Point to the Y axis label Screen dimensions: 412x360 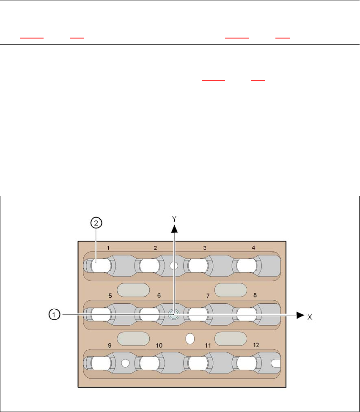click(x=173, y=218)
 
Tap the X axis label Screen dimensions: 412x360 click(x=310, y=316)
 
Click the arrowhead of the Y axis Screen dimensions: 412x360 click(x=173, y=229)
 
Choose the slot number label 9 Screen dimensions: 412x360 click(x=110, y=345)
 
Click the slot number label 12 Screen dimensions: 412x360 click(x=256, y=345)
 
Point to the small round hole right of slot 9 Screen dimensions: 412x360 click(x=125, y=363)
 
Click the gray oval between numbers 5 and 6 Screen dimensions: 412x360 click(x=133, y=290)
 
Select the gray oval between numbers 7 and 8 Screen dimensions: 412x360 click(x=231, y=290)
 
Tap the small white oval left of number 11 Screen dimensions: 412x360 click(x=190, y=338)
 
